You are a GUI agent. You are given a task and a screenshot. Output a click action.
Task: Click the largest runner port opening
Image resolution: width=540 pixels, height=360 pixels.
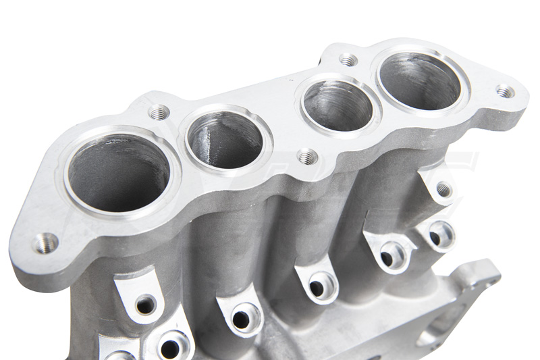click(118, 174)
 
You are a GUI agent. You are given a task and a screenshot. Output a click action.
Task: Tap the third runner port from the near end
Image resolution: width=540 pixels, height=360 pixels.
click(337, 105)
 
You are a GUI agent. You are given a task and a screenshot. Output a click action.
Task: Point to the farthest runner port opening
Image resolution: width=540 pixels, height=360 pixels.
click(419, 80)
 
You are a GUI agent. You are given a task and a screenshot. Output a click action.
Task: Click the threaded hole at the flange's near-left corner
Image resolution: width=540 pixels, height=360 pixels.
click(45, 241)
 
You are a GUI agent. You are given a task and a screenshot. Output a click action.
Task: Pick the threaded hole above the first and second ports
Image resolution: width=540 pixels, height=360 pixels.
click(159, 111)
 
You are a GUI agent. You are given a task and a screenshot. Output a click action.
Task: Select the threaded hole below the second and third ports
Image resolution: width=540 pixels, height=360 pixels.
click(307, 157)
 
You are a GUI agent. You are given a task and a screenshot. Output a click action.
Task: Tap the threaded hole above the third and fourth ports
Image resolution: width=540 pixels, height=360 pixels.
click(348, 60)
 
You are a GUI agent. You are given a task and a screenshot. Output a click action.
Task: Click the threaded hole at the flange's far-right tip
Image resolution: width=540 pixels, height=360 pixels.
click(504, 91)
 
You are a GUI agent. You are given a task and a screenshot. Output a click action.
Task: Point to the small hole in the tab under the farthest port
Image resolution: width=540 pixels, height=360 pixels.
click(443, 190)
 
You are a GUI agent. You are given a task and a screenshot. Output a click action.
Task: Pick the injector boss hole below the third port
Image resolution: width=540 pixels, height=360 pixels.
click(317, 287)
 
